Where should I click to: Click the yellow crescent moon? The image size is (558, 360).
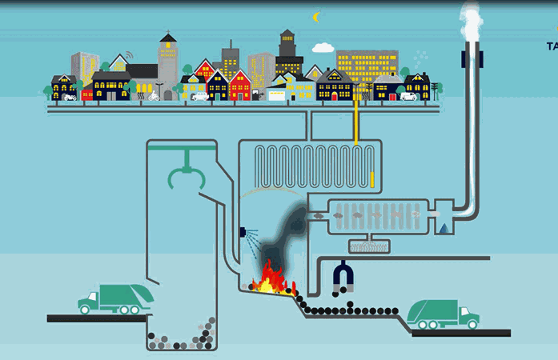317,16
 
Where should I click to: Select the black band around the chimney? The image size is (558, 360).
472,58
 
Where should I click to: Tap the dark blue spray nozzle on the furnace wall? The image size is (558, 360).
242,233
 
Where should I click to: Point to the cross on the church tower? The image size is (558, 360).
168,33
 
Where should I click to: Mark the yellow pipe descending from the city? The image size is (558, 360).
355,120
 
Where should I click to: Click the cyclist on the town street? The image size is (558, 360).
153,97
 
